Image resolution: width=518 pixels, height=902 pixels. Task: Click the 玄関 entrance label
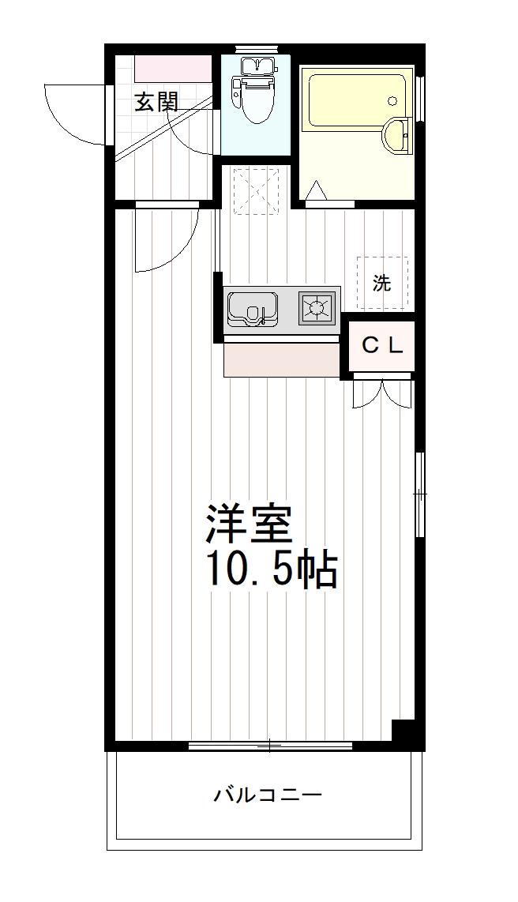click(156, 102)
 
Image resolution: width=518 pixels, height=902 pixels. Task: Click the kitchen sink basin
click(252, 307)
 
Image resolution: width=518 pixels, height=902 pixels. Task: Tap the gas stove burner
click(317, 306)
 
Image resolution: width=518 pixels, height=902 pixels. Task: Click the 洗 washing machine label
click(382, 283)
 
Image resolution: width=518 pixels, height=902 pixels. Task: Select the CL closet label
click(383, 345)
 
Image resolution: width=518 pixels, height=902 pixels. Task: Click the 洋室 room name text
click(250, 522)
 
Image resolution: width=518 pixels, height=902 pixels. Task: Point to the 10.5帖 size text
click(272, 569)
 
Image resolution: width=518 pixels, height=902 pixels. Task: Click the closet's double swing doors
click(383, 393)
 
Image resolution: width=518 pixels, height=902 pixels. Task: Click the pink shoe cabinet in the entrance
click(174, 67)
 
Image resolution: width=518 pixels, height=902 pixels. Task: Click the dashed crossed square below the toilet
click(257, 190)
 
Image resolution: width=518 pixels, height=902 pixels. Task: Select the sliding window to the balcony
click(270, 744)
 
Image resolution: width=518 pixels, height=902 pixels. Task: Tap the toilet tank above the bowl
click(254, 66)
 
